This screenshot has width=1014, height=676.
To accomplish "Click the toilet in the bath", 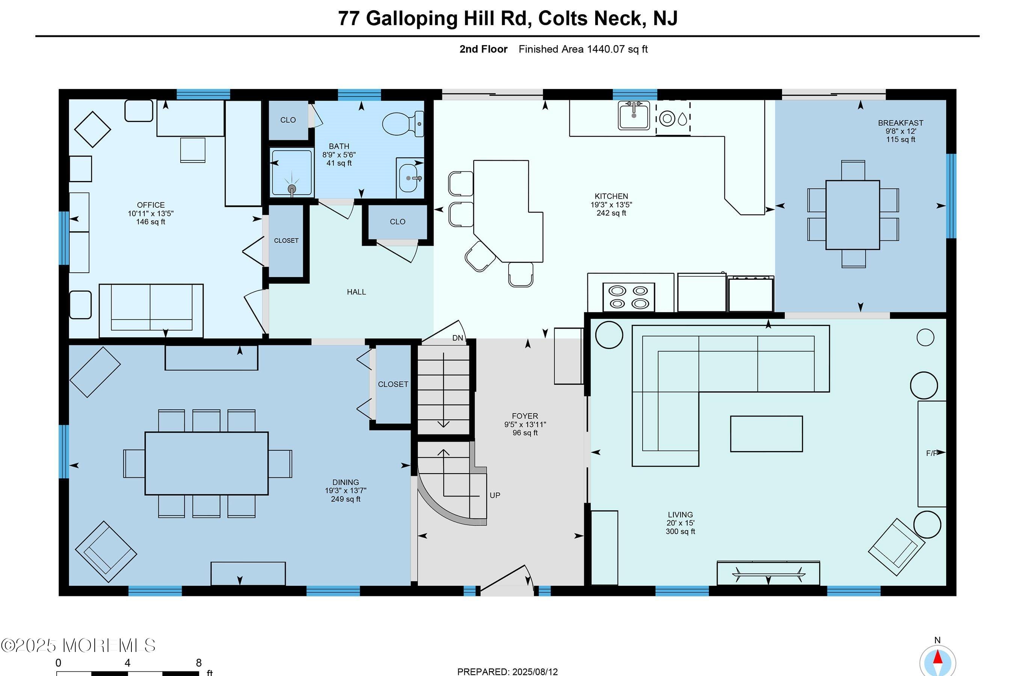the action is (403, 124).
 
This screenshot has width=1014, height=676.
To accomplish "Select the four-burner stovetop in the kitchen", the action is (629, 297).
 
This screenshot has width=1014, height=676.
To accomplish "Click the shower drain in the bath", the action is (292, 189).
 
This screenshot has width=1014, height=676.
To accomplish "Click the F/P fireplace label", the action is (931, 453).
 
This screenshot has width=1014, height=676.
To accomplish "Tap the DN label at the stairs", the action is (457, 338).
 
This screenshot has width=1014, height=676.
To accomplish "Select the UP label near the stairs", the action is (495, 495).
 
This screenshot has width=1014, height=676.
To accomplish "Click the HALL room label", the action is (356, 292).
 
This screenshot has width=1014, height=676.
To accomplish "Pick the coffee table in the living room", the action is (766, 434).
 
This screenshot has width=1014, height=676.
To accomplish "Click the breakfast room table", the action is (853, 215).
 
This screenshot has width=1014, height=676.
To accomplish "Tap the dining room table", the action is (207, 463).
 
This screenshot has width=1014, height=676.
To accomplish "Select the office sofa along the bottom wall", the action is (151, 311).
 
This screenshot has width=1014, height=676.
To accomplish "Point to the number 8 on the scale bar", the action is (198, 662).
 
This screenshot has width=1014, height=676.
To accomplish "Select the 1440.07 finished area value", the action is (606, 49).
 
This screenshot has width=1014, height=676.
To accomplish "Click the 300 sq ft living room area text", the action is (680, 531).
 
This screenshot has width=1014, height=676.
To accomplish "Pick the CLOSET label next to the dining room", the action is (393, 384).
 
